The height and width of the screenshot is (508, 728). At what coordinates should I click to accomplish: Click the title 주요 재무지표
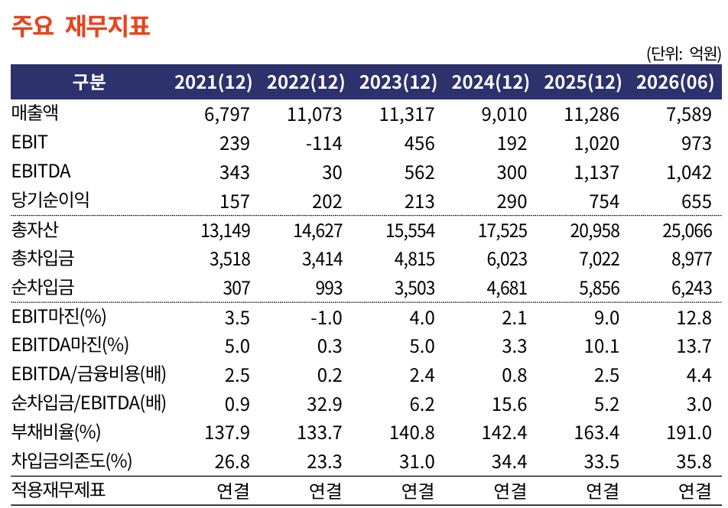81,25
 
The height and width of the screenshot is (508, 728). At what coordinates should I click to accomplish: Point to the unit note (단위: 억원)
684,54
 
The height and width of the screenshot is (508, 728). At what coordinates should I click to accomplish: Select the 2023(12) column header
398,82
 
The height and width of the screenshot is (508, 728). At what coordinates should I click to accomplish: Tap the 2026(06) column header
675,82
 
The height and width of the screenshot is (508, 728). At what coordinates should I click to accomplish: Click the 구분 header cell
89,82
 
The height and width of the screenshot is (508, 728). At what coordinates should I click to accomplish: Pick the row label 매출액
35,112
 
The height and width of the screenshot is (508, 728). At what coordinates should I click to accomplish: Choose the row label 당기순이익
50,200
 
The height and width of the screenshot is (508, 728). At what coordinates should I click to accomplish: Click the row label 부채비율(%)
56,431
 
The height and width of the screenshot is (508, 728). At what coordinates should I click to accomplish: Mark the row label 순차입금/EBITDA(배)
89,402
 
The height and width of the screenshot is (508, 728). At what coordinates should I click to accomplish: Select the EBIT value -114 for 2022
324,144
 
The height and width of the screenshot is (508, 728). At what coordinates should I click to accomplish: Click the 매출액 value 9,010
504,115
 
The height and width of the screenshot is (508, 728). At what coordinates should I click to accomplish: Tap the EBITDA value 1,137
596,173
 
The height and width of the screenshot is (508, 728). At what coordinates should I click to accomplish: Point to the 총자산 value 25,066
687,231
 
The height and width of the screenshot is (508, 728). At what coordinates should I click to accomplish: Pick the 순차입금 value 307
236,288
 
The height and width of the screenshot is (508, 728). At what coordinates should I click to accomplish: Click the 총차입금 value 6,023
507,259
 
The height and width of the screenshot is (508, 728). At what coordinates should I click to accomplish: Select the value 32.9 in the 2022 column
324,405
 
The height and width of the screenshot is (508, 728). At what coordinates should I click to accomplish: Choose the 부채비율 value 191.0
689,433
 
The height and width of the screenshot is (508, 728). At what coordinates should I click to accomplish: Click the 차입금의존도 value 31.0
417,462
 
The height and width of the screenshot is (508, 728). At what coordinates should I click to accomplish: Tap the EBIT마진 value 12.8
694,317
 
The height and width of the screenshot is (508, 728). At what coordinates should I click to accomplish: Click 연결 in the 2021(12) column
233,490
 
